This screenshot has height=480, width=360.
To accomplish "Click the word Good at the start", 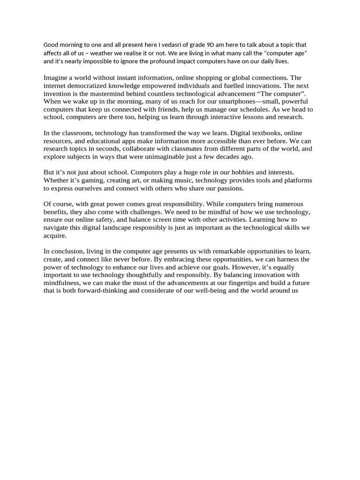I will pos(52,45).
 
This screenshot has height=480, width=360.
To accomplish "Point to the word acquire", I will pos(55,236).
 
